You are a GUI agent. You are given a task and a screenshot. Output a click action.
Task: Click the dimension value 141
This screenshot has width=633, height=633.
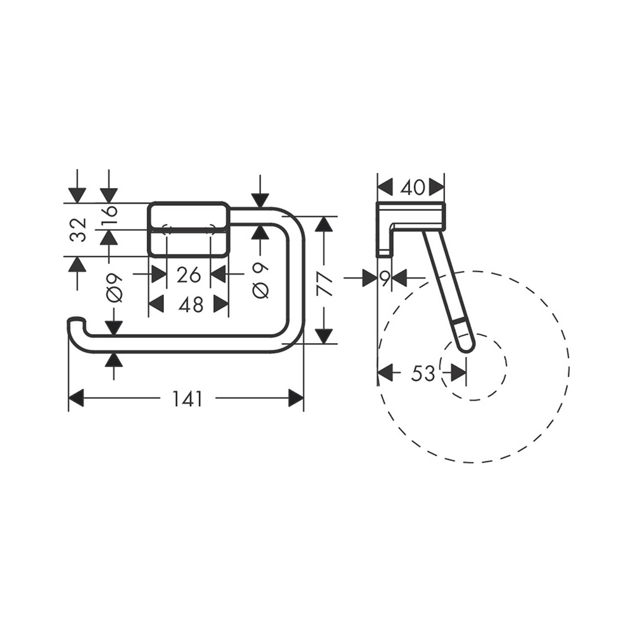(187, 399)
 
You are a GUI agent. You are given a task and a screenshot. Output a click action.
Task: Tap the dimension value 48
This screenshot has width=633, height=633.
(191, 304)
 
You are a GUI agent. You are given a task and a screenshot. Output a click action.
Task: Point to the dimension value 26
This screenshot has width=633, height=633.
(189, 275)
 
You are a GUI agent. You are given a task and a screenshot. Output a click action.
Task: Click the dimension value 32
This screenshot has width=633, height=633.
(78, 230)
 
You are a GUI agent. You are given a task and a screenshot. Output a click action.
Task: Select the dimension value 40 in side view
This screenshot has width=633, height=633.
(411, 187)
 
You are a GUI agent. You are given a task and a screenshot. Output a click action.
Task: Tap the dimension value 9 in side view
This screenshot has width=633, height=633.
(384, 277)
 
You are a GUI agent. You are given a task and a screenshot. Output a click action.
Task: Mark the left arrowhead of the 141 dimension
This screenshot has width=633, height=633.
(76, 398)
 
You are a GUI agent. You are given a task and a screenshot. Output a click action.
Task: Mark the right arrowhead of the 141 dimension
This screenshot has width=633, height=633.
(296, 398)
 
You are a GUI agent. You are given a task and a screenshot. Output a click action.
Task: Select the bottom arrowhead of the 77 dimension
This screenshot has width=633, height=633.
(324, 335)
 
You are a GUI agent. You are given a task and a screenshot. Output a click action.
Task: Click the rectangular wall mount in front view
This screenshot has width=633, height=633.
(189, 229)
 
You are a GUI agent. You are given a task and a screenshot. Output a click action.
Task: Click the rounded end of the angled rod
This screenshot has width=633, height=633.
(465, 342)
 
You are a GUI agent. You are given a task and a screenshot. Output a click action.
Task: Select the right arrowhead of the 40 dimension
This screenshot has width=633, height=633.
(437, 187)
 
